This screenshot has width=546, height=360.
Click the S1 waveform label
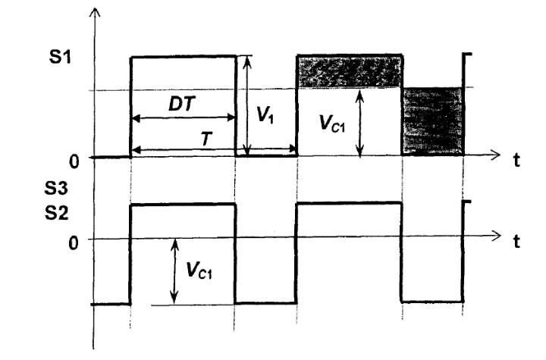(x=60, y=57)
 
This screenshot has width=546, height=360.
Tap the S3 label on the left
(x=56, y=189)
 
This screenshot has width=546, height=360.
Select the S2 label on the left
(x=56, y=213)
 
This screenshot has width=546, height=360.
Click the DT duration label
(x=182, y=104)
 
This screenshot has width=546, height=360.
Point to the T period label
(x=206, y=139)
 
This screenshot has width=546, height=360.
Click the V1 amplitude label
(x=265, y=114)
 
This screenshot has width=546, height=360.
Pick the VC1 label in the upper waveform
(x=332, y=123)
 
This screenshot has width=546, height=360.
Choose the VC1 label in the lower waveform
(x=199, y=270)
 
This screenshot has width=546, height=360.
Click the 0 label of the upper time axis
(x=74, y=161)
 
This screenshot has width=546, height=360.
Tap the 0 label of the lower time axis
(x=73, y=243)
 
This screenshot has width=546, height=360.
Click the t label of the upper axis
(x=516, y=160)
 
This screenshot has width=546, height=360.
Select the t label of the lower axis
(x=517, y=241)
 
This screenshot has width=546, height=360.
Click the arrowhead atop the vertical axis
(x=95, y=12)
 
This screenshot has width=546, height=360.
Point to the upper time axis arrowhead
(x=495, y=155)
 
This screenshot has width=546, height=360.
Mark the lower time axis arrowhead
(x=496, y=236)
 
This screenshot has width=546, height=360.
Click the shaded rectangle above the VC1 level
(x=350, y=71)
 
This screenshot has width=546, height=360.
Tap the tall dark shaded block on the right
(x=433, y=121)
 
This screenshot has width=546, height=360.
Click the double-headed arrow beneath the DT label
(x=184, y=118)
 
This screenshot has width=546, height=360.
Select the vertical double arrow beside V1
(x=247, y=105)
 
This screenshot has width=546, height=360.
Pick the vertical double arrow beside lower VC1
(x=174, y=271)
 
